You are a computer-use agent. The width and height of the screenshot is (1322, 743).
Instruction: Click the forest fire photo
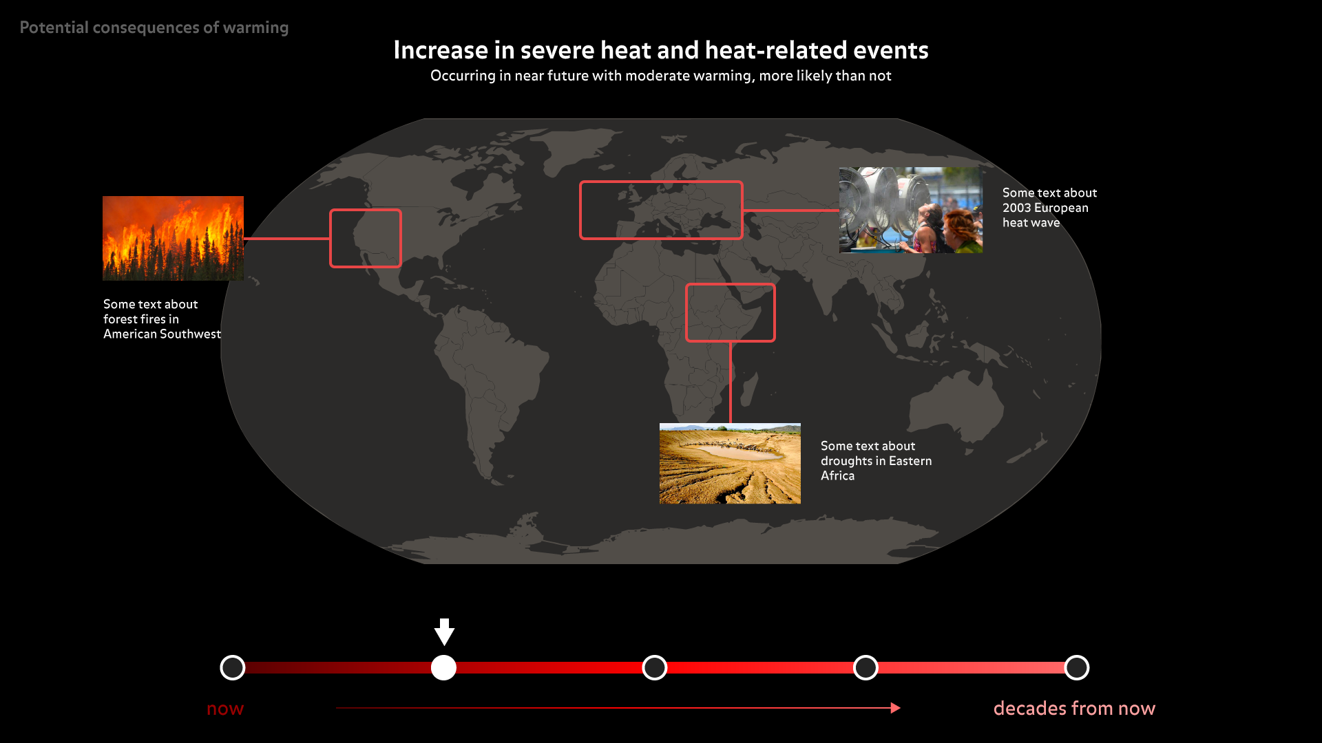tap(173, 238)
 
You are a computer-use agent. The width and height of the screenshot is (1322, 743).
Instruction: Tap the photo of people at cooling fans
tap(910, 210)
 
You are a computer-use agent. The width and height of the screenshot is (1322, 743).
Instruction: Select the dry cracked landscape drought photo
tap(730, 463)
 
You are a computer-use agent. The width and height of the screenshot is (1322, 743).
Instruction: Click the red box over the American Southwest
tap(331, 238)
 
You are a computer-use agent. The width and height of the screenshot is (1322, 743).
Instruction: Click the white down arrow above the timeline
tap(444, 632)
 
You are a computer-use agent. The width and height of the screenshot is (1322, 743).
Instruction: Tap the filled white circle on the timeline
tap(443, 667)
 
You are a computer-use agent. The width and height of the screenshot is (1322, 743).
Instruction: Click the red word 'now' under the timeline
tap(225, 709)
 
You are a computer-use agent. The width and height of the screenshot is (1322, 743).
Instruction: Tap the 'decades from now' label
tap(1074, 708)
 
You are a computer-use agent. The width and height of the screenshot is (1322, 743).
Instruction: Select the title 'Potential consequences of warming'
tap(154, 28)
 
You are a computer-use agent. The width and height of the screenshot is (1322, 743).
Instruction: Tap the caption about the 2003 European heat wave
tap(1049, 208)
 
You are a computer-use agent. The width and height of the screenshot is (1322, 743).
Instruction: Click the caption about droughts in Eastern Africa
tap(876, 461)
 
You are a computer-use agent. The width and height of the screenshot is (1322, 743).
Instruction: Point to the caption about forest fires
tap(162, 319)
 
